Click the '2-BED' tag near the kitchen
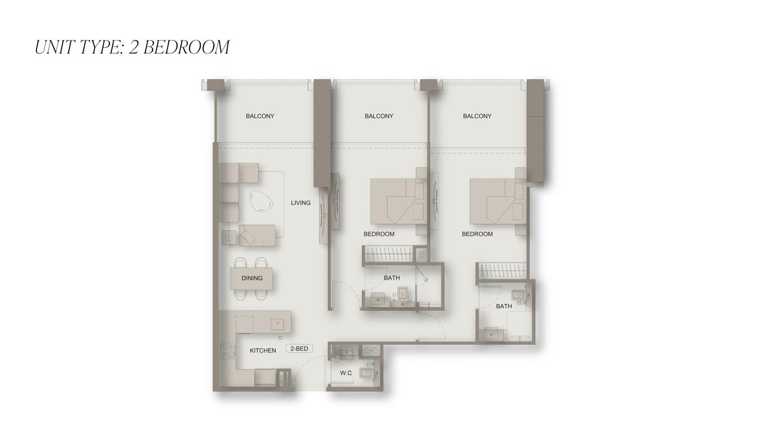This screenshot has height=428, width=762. coord(299,349)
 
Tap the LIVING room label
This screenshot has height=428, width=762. coord(301,203)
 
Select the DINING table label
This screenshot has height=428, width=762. coord(252,278)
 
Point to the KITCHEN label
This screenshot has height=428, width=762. coord(263,350)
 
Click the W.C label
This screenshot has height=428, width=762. coord(346,373)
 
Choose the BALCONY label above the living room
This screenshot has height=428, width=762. coord(260,116)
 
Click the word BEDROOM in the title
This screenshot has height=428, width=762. coord(186,47)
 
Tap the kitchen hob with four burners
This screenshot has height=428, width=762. coord(228,351)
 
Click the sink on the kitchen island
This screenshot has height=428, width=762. coord(278,324)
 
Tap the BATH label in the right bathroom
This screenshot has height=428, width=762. coord(504,306)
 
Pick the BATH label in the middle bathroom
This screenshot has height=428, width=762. coord(392,278)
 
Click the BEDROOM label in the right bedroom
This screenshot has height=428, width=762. coord(477,234)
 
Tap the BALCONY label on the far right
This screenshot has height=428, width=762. coord(477,116)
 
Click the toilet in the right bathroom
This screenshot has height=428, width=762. coord(519,295)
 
